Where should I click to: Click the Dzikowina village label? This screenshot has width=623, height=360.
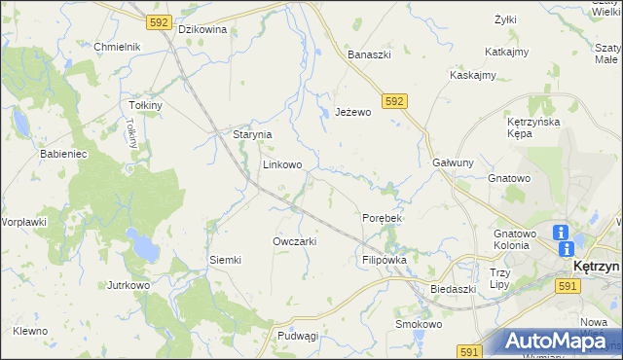202,29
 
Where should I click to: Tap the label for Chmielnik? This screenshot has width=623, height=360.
118,47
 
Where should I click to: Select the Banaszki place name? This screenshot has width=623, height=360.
369,54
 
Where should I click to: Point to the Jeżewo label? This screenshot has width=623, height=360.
353,112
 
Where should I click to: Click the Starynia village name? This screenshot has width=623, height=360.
251,134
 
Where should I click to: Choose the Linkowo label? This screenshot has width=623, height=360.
281,165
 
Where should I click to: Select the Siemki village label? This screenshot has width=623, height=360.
225,260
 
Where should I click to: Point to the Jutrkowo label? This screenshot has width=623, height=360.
128,285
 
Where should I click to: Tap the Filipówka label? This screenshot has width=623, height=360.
384,261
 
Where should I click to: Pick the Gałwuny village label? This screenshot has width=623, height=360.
453,163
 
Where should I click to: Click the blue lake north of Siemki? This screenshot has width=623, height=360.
145,248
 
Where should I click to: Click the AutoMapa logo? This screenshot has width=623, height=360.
551,341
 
